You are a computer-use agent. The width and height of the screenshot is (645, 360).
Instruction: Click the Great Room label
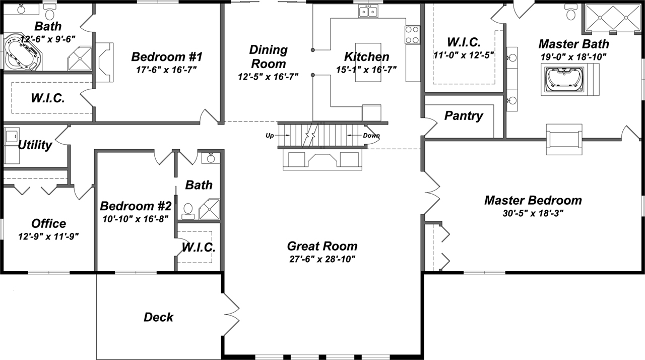tap(322, 246)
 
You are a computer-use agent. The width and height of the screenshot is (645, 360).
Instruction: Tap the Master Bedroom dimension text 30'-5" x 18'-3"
tap(533, 213)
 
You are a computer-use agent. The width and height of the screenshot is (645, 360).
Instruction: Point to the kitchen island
tap(368, 62)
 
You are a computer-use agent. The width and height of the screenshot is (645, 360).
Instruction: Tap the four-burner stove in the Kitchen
tap(412, 35)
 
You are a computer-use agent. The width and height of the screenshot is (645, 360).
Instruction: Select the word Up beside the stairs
tap(271, 136)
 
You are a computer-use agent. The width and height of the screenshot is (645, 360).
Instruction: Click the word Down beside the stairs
tap(371, 136)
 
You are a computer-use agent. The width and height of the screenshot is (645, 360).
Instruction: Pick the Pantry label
tap(464, 116)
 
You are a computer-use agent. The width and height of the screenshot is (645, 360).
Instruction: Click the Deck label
tap(158, 317)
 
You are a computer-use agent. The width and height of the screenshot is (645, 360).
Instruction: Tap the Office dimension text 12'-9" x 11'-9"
tap(48, 235)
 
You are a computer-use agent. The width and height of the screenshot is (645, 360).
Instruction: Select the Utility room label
tap(35, 145)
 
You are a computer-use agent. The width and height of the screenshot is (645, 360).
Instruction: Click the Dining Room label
tap(269, 57)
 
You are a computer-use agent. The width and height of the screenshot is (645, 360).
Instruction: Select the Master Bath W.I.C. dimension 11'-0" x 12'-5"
tap(464, 54)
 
